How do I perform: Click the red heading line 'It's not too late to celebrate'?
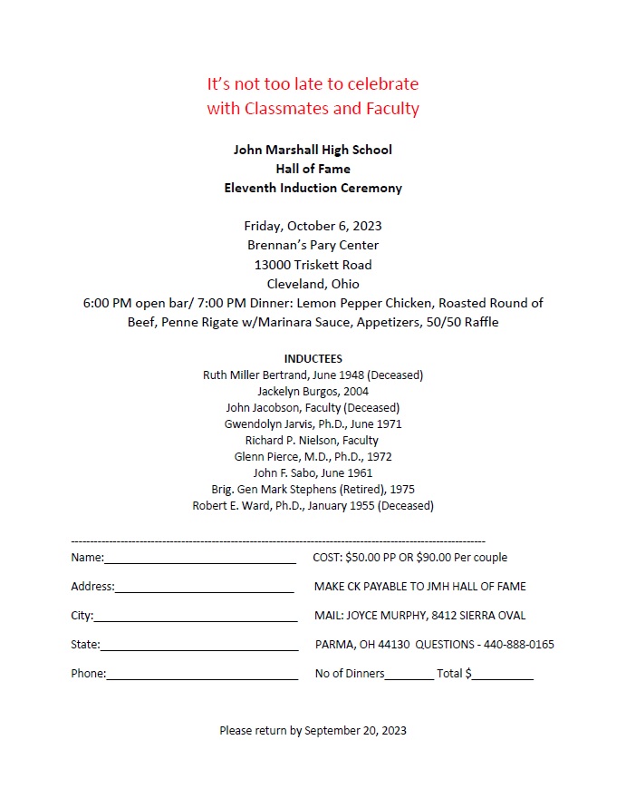coord(313,84)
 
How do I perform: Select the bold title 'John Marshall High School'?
coord(313,150)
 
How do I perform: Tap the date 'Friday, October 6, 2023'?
coord(313,226)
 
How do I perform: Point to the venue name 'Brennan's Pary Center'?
coord(313,245)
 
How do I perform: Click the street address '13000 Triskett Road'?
coord(313,265)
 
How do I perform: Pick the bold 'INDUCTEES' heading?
coord(313,359)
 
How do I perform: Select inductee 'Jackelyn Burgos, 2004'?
coord(313,392)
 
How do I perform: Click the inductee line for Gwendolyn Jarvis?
coord(313,423)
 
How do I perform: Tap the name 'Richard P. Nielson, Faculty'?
coord(313,440)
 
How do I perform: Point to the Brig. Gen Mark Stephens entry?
coord(313,489)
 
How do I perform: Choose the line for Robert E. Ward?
coord(313,505)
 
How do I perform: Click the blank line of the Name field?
coord(200,560)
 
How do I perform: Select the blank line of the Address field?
coord(204,589)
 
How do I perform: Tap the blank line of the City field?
coord(195,618)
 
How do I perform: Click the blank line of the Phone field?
coord(202,677)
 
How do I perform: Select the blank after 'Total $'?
coord(503,677)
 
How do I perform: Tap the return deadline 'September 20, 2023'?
coord(355,730)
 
